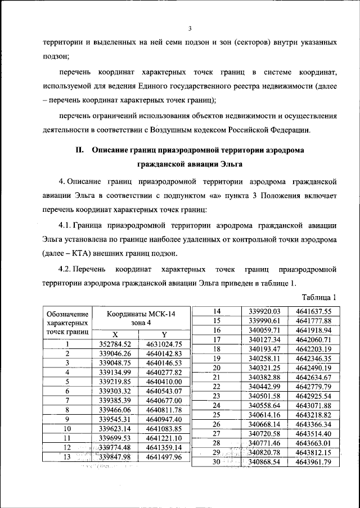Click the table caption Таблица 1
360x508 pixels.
click(x=318, y=297)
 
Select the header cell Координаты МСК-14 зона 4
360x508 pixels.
click(x=138, y=318)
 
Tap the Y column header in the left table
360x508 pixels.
click(x=163, y=334)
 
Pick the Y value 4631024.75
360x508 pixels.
click(x=164, y=344)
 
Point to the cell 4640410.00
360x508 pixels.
click(x=164, y=382)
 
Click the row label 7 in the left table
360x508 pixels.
click(x=67, y=400)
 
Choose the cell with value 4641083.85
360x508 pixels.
click(x=164, y=428)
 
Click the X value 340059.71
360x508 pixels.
click(x=264, y=330)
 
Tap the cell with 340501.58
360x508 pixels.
click(x=264, y=396)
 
